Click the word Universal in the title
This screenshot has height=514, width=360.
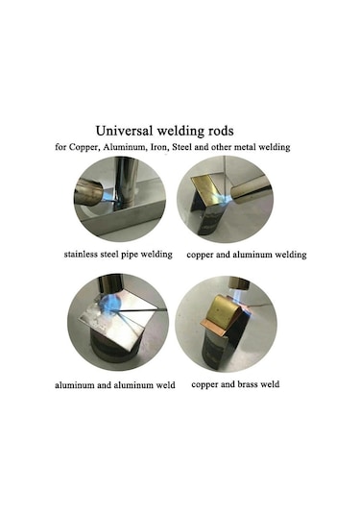(x=125, y=131)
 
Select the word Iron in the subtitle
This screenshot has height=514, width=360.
(x=159, y=147)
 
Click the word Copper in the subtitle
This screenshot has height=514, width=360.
(x=84, y=147)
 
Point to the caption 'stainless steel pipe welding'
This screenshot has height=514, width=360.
(x=118, y=254)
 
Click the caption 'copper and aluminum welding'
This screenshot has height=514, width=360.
(x=247, y=255)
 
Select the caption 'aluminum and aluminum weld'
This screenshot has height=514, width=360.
(x=115, y=385)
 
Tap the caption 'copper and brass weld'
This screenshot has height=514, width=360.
(x=235, y=384)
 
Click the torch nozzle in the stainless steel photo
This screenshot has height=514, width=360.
(x=89, y=192)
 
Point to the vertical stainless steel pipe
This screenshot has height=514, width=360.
(x=127, y=182)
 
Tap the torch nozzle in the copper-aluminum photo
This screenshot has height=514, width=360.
(x=252, y=190)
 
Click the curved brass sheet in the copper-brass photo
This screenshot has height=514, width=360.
(x=226, y=309)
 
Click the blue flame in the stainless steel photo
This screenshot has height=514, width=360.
(x=108, y=197)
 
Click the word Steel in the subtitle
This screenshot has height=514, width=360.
(x=182, y=147)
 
